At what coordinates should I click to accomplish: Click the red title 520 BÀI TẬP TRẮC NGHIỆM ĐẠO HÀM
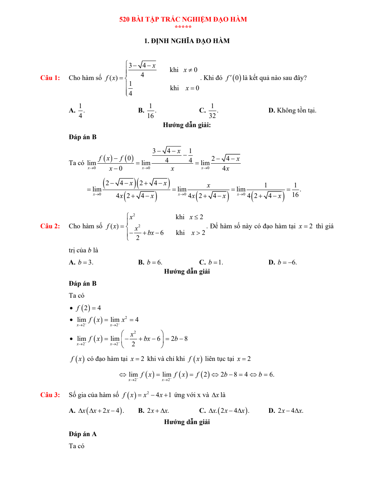(183, 19)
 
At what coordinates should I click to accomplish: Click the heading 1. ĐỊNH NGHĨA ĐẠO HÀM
(187, 41)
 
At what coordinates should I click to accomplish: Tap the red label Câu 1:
(50, 78)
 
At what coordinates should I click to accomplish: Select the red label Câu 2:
(50, 226)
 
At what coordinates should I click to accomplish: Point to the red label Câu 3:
(50, 395)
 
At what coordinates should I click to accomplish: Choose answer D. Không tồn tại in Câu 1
(292, 110)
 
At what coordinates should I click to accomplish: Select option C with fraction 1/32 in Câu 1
(209, 110)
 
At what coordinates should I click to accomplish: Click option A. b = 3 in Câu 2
(81, 262)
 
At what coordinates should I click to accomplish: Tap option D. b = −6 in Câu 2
(283, 262)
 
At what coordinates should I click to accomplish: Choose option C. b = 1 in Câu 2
(211, 262)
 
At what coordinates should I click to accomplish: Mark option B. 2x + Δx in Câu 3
(153, 411)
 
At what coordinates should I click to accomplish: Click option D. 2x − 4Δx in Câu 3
(286, 411)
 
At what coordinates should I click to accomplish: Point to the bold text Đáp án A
(83, 434)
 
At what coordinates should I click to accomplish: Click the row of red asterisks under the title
(183, 27)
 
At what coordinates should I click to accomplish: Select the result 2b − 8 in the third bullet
(179, 339)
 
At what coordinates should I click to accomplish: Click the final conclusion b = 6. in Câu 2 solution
(266, 374)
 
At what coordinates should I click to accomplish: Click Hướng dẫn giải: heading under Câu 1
(187, 125)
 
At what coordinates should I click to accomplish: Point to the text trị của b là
(83, 250)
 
